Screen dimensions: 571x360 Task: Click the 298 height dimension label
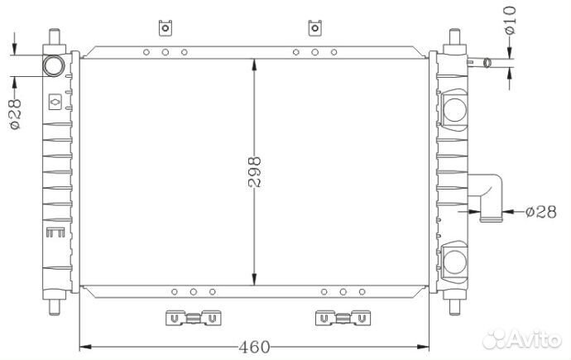click(x=255, y=172)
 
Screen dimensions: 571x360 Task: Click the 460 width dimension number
click(x=255, y=347)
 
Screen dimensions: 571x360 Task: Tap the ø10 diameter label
click(x=511, y=21)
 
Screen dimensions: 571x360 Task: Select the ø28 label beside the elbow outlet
click(x=541, y=212)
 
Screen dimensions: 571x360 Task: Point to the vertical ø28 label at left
click(x=15, y=114)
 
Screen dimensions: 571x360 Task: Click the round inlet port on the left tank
click(x=54, y=66)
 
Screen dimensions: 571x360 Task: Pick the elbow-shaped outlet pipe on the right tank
click(x=486, y=197)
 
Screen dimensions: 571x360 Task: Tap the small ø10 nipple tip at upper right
click(x=487, y=63)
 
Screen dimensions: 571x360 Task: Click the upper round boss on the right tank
click(x=455, y=110)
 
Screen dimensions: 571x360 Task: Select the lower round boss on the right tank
click(x=455, y=262)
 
